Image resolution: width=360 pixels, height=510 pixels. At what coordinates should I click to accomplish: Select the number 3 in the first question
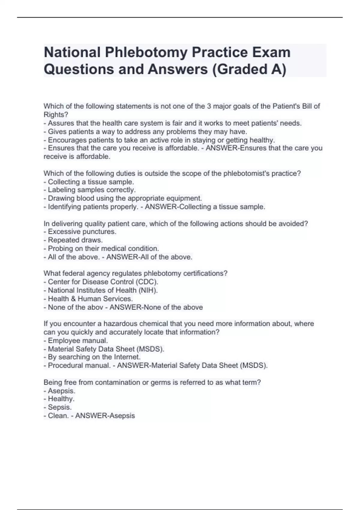point(209,106)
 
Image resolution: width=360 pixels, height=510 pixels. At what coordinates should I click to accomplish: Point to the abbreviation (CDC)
point(147,282)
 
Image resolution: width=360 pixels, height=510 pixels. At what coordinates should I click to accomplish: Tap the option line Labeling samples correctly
point(91,190)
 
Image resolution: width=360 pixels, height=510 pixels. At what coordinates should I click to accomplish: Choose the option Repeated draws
point(75,240)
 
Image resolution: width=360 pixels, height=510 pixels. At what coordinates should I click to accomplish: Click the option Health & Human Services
point(90,299)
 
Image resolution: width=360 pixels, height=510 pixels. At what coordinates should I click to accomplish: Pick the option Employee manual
point(78,340)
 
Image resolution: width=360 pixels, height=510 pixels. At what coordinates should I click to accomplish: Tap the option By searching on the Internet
point(94,357)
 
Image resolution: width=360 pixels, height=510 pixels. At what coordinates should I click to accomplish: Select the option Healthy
point(61,399)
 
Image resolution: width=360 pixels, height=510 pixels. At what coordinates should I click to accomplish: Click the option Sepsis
point(60,407)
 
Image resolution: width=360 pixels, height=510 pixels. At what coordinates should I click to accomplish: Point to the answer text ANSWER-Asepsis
point(105,416)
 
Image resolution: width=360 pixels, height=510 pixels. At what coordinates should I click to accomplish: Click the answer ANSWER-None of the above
point(156,307)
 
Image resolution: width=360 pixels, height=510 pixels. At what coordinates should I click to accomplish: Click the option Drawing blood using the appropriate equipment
point(125,198)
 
